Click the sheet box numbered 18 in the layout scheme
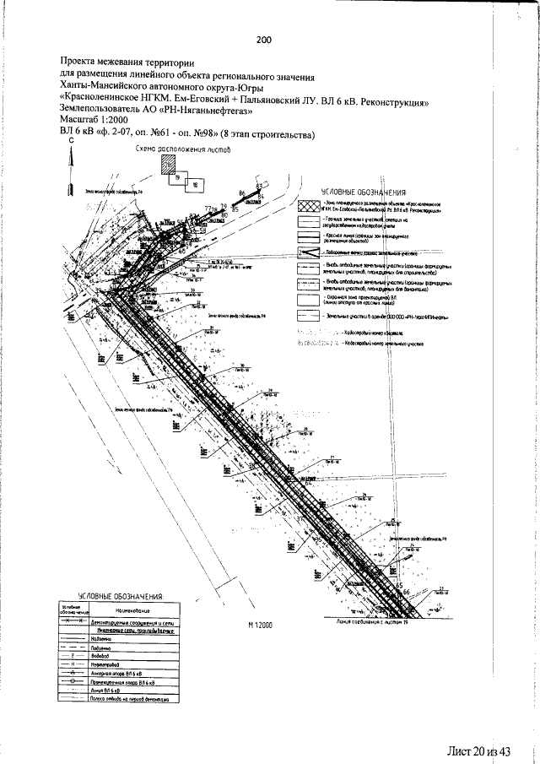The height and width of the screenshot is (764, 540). coord(195,183)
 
